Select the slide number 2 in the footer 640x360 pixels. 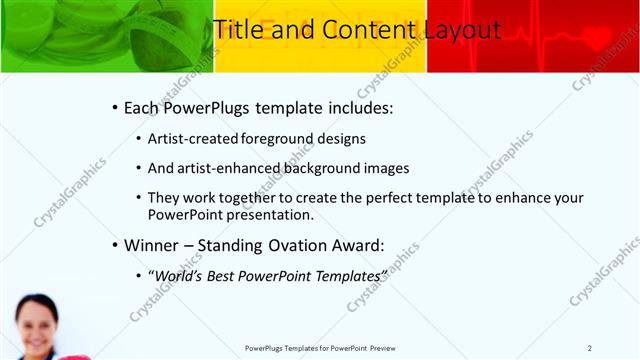pos(590,347)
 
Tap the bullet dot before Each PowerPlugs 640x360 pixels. pos(115,108)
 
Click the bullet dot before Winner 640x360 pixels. pos(115,243)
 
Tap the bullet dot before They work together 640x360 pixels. pos(138,198)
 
